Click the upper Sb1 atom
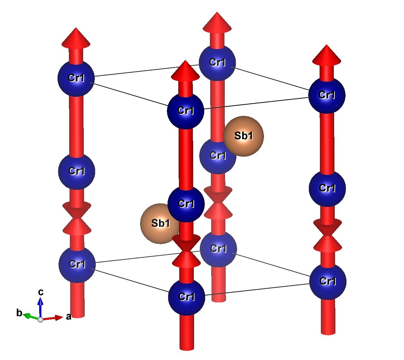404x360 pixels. [244, 136]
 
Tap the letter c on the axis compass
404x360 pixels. [41, 292]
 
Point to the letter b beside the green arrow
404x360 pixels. [19, 313]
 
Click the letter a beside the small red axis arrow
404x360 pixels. [69, 316]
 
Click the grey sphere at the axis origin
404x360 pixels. [40, 320]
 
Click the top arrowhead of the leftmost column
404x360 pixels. [76, 39]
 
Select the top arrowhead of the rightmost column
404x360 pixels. [327, 55]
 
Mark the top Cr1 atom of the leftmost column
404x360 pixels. [76, 78]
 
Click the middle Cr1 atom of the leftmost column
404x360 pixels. [77, 171]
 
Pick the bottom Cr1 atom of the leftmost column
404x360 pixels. [77, 264]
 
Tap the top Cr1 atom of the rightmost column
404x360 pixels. [327, 95]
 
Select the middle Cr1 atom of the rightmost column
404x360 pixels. [327, 188]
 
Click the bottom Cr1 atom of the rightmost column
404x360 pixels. [328, 281]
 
